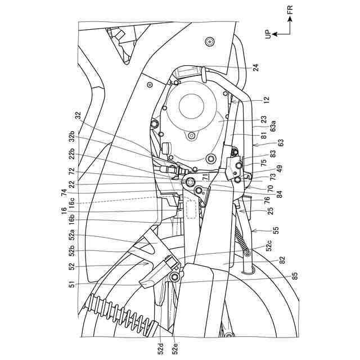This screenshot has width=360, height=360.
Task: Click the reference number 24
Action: coord(256,67)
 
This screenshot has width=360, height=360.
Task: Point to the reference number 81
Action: coord(264,134)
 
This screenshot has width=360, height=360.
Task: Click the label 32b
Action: coord(72,138)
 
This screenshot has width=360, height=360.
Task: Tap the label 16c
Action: coord(72,201)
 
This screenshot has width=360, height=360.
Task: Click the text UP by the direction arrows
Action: coord(270,34)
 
